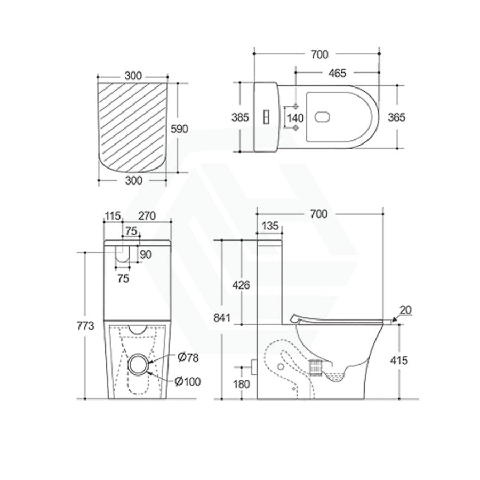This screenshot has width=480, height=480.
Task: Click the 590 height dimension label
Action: (x=179, y=129)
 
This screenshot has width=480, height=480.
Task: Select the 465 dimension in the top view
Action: (x=337, y=73)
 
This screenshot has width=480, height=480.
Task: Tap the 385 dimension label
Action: (x=241, y=117)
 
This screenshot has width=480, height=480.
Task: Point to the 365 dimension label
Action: (x=396, y=117)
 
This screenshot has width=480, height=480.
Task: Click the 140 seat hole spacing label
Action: (x=295, y=118)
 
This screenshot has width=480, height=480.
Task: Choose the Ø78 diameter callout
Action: (x=188, y=357)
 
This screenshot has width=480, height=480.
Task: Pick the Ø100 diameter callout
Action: (x=188, y=381)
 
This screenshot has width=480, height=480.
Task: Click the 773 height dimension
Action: (x=85, y=326)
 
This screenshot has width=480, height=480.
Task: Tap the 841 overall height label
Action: (x=222, y=318)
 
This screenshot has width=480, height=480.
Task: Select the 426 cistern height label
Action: (x=241, y=285)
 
